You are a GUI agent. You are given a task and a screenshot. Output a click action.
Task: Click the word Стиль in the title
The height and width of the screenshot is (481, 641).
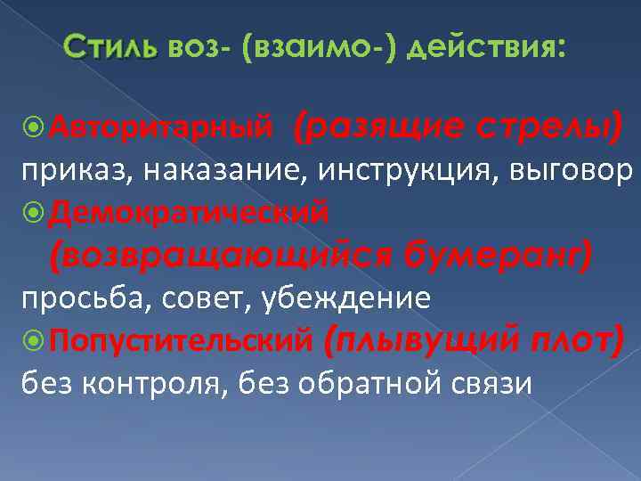[x=111, y=46]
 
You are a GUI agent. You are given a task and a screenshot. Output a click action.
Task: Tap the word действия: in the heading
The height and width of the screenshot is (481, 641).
[x=485, y=46]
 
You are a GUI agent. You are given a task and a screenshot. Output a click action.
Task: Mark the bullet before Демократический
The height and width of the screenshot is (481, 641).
[x=35, y=212]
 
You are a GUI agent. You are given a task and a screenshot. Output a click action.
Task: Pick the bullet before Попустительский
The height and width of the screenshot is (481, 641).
[x=35, y=340]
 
